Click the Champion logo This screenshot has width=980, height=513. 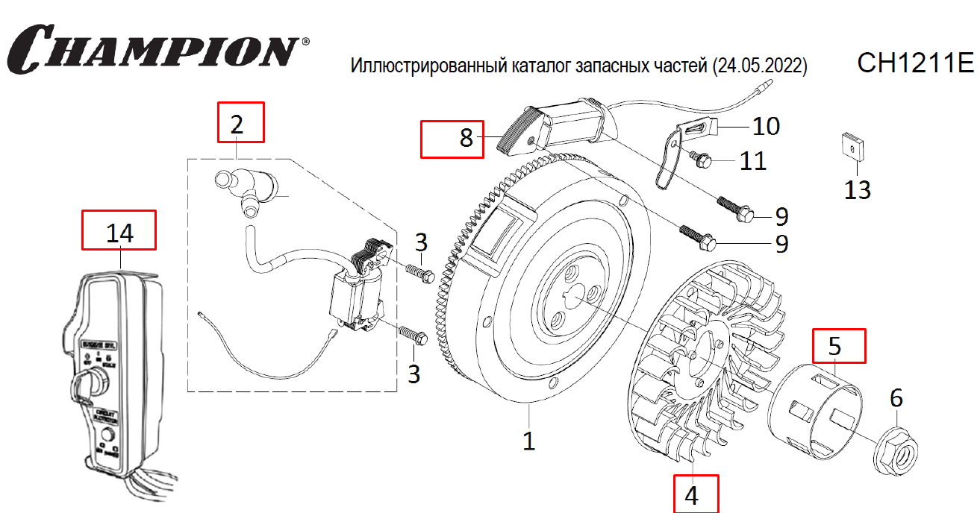pos(157,48)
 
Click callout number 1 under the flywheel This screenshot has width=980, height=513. pos(528,441)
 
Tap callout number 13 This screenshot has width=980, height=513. pos(858,190)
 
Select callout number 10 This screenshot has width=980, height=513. pos(766,126)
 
